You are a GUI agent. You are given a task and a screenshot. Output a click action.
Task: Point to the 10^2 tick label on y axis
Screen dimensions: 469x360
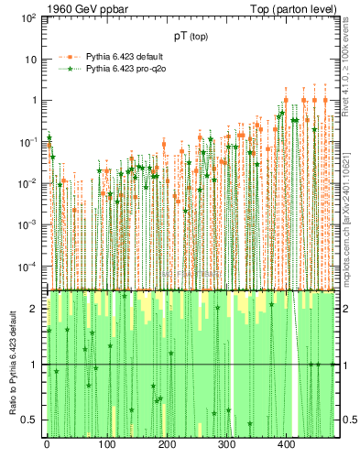tap(27, 18)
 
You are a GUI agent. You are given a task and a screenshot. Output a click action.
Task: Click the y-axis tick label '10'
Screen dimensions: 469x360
tap(30, 60)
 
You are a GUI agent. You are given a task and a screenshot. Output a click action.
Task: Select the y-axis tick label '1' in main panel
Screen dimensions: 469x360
tap(33, 101)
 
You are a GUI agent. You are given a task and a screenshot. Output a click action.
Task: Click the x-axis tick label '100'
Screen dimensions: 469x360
tap(106, 447)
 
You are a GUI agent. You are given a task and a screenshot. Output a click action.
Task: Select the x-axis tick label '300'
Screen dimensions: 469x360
tap(226, 447)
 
